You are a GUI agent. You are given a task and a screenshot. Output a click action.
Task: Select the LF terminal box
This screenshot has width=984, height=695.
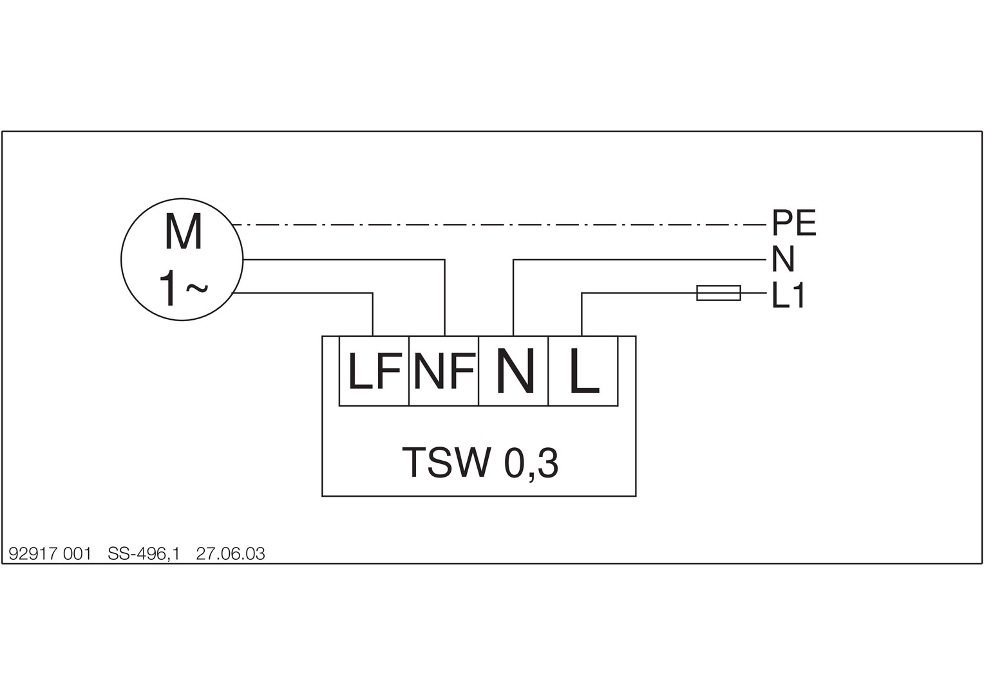coord(374,371)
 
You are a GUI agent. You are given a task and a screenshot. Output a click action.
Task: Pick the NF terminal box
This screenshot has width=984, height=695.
coord(444,371)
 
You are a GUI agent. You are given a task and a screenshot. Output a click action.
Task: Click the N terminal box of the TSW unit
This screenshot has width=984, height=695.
coord(514,371)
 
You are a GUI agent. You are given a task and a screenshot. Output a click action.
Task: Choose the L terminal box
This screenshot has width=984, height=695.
coord(583,371)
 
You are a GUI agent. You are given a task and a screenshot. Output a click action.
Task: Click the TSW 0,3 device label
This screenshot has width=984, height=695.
coord(479,463)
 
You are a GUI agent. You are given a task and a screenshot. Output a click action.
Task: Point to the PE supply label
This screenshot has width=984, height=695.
coord(794,223)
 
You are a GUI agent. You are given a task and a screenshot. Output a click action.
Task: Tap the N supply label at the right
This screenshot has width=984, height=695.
coord(783,259)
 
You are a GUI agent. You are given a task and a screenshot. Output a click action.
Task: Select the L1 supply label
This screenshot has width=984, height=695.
coord(788,296)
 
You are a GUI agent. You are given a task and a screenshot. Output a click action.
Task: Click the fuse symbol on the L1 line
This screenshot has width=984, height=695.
coord(719,293)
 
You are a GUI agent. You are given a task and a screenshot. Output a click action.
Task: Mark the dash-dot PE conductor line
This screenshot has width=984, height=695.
coord(496,225)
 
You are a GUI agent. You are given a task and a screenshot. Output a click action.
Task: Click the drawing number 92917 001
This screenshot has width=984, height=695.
coord(50,554)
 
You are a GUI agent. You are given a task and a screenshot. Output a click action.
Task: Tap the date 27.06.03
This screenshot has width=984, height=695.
coord(231,554)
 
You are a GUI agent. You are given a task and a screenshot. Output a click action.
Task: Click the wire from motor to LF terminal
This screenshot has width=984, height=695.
coord(303,293)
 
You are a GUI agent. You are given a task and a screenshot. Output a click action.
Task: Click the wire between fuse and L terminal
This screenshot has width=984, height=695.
coord(638,293)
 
